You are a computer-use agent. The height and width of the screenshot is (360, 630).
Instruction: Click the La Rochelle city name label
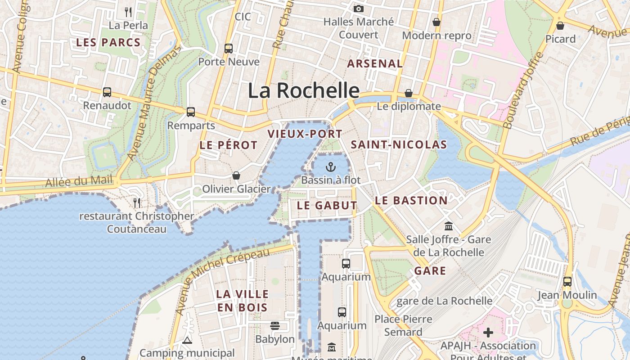[304, 90]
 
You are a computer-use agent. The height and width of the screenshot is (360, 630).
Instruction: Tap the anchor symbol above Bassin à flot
[331, 167]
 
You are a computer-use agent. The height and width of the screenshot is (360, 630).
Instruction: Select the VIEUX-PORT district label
[305, 134]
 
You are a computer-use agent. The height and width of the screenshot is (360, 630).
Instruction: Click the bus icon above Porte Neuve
[229, 48]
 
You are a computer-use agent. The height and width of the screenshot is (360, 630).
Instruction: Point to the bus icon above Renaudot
[107, 92]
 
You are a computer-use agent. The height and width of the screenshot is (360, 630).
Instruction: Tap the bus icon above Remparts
[191, 112]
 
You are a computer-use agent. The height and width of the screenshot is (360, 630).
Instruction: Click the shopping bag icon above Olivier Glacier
[236, 175]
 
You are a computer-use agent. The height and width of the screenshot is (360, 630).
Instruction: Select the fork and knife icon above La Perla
[128, 12]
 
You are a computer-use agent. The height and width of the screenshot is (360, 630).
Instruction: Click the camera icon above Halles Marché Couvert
[359, 9]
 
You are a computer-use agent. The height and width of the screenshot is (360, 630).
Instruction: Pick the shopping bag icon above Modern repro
[436, 22]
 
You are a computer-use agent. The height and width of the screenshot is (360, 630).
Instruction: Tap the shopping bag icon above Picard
[560, 25]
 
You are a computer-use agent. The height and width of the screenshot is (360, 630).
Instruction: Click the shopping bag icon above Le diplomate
[409, 93]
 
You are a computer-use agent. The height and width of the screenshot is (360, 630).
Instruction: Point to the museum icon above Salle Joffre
[448, 226]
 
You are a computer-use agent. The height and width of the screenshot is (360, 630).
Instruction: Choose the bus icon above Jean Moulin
[567, 282]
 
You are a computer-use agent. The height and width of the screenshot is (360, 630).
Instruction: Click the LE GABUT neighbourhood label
[327, 206]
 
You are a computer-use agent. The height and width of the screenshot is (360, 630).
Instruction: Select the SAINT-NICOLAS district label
[399, 144]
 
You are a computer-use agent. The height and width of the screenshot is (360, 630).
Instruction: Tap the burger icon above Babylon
[275, 325]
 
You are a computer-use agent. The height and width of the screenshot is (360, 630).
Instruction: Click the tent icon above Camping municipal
[187, 340]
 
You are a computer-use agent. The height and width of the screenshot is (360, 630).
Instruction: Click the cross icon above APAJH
[488, 333]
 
